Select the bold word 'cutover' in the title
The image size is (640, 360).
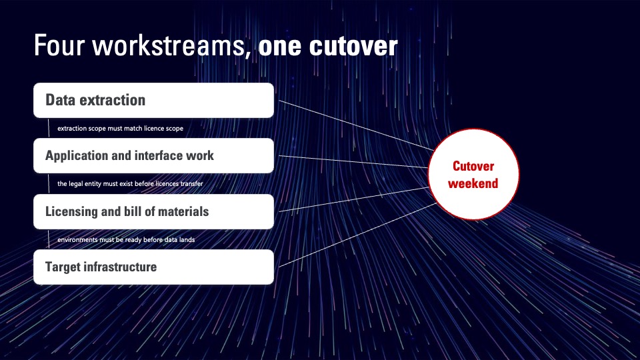353,46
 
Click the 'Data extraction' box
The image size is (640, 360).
153,101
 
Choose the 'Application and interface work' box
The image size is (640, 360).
153,155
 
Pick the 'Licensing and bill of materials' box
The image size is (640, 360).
153,211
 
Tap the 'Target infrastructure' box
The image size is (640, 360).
153,267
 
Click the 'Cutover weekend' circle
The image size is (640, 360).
473,174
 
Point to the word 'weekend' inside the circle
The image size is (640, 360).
473,183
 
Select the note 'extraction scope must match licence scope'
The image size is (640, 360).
121,128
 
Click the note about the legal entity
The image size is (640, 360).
130,184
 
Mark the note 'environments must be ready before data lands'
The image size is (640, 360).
126,239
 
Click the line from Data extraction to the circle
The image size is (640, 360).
356,125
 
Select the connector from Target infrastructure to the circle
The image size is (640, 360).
357,235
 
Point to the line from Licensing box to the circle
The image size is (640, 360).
354,199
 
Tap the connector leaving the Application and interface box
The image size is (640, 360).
353,161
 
